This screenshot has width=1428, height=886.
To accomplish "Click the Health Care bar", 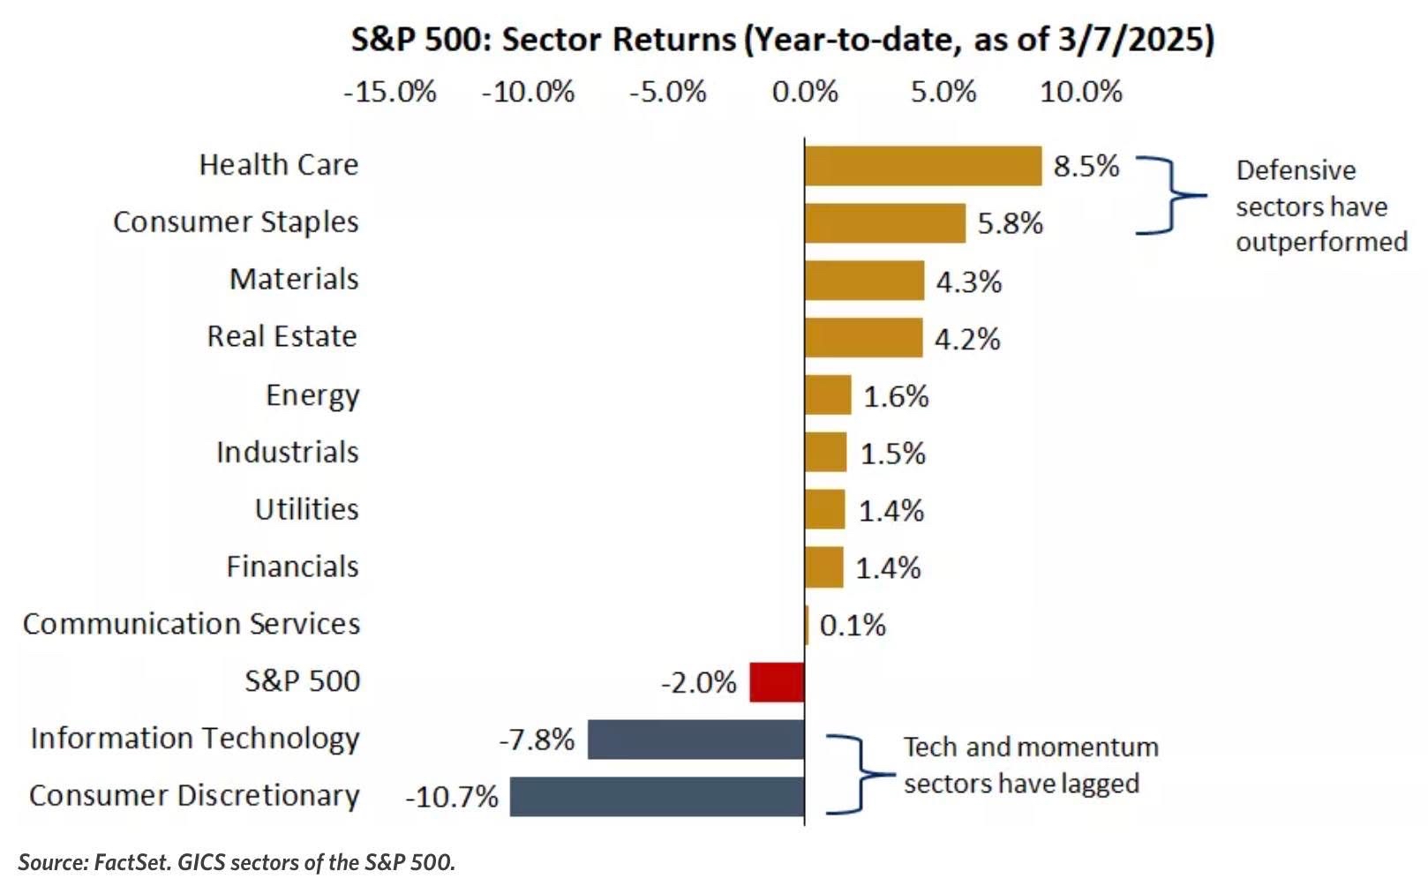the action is point(923,166).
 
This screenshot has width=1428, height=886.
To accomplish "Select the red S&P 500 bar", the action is point(778,682).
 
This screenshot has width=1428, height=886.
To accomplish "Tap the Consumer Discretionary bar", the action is point(658,796).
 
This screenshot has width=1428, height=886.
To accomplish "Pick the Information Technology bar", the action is point(696,740).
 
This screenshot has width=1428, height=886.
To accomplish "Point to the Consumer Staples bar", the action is point(885,223).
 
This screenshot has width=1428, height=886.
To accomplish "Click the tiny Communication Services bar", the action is point(807,625).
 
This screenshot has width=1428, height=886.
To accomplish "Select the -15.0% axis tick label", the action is point(390,92).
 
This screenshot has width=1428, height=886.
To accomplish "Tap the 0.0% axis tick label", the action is point(805,92).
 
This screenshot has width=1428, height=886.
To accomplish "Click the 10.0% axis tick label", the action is point(1081,92).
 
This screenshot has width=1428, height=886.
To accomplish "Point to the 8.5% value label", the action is point(1086,167).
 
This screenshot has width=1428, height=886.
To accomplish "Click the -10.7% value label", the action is point(452,797).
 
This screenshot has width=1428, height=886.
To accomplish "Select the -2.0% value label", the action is point(699,683).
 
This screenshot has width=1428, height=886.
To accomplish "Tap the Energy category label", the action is point(312,396).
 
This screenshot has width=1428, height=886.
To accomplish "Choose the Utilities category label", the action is point(306,509).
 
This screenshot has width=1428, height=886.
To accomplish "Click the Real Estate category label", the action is point(282,336).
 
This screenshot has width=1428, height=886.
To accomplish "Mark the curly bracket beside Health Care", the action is point(1172,195).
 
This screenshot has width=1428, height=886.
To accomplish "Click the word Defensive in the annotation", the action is point(1296,170).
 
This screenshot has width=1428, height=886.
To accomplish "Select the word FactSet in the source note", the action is point(132,862).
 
